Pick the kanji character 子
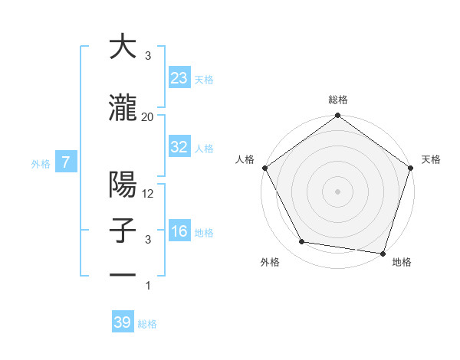pos(123,231)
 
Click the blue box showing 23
pos(179,77)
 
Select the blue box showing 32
pos(179,147)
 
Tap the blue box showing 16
pos(179,231)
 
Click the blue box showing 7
pos(67,162)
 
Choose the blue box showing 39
pos(123,322)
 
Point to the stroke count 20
pos(148,116)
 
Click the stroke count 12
pos(149,194)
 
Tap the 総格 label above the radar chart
pos(338,100)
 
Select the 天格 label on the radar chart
pos(432,159)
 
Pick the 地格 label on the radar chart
pos(402,262)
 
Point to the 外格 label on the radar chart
pos(270,262)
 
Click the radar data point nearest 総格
pos(338,116)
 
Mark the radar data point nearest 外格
pos(302,242)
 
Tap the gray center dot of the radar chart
pos(338,191)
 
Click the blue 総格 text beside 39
pos(147,323)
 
